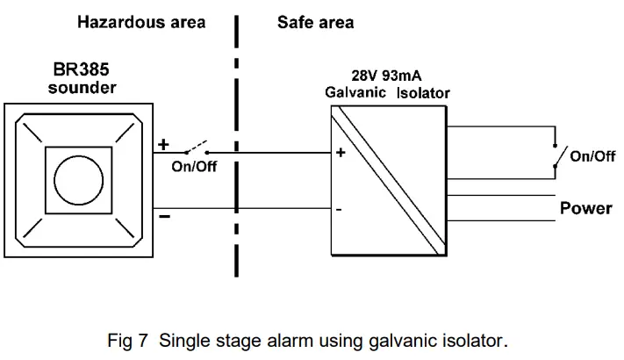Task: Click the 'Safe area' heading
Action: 315,22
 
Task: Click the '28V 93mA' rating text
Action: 388,76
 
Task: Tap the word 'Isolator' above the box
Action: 423,93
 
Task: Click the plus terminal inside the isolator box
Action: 340,152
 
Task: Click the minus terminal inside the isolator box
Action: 339,211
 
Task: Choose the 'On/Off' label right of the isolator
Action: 592,156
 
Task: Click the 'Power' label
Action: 586,209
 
